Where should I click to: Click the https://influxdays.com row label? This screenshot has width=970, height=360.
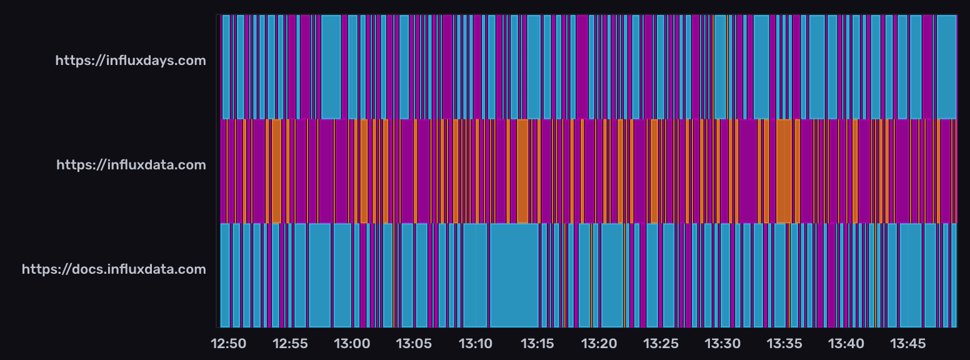point(130,61)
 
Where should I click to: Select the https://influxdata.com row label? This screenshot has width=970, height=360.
point(131,165)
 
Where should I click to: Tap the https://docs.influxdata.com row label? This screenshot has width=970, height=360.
point(114,269)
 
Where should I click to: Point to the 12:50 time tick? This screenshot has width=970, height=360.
point(229,343)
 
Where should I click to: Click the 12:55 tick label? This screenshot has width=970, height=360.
point(290,343)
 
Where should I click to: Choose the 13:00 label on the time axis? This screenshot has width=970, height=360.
point(352,343)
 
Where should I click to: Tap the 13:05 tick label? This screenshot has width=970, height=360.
point(414,343)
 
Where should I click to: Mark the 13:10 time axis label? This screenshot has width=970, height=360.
point(476,343)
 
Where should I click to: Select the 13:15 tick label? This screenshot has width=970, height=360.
point(537,343)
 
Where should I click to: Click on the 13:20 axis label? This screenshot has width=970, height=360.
point(599,343)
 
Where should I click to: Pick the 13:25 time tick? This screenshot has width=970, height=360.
point(661,343)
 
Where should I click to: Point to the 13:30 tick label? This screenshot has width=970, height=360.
point(723,343)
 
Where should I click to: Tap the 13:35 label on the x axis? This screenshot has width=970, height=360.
point(785,343)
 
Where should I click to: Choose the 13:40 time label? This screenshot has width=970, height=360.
point(846,343)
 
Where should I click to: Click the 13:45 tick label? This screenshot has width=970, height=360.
point(908,343)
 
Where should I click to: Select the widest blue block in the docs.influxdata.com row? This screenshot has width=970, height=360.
point(514,275)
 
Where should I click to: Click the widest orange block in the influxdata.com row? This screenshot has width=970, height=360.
point(784,171)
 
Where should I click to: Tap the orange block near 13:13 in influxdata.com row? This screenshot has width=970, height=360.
point(522,171)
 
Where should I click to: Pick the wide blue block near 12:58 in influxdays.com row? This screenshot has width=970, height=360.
point(331,67)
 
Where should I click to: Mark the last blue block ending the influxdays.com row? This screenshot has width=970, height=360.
point(946,67)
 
